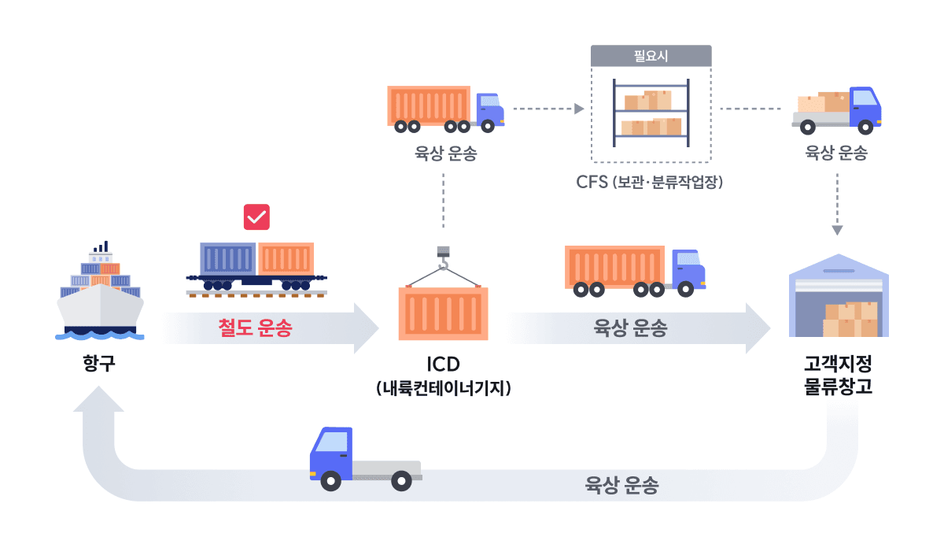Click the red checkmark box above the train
256,217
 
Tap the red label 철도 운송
255,328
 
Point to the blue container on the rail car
227,258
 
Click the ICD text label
443,365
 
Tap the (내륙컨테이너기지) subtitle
444,388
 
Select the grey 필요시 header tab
651,56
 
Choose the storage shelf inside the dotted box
651,112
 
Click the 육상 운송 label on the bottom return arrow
621,485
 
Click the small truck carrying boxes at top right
837,109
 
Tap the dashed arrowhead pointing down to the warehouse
837,231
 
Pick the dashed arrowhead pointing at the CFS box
579,108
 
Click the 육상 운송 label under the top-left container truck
445,154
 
